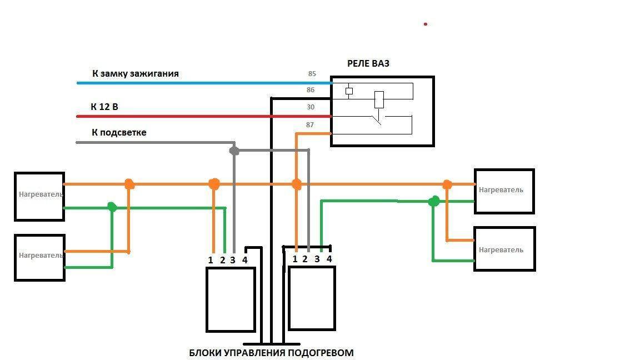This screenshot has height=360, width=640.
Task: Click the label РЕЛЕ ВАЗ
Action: [368, 63]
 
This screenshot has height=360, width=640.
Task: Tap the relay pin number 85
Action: [311, 73]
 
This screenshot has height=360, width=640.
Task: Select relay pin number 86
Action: [311, 89]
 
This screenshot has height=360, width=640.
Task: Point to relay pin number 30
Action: [311, 107]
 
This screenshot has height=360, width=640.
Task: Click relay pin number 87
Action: [310, 124]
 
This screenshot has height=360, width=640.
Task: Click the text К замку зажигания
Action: [135, 73]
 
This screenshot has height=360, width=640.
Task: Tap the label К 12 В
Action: [104, 107]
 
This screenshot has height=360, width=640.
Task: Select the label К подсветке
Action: [119, 133]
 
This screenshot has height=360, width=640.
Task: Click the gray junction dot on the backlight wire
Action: [234, 151]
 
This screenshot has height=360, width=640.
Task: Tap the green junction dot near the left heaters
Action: [112, 207]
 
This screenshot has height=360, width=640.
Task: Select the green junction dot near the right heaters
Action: [434, 201]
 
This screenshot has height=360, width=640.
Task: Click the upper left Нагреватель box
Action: [39, 196]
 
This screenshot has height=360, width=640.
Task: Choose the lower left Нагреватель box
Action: [39, 257]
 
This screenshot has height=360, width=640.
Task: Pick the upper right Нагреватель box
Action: [504, 191]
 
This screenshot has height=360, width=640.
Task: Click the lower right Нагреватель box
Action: [504, 249]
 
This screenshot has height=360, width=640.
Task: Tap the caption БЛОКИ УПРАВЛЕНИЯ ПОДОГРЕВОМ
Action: [271, 353]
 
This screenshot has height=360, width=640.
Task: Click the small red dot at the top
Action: [426, 24]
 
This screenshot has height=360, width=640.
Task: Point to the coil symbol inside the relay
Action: [379, 99]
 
